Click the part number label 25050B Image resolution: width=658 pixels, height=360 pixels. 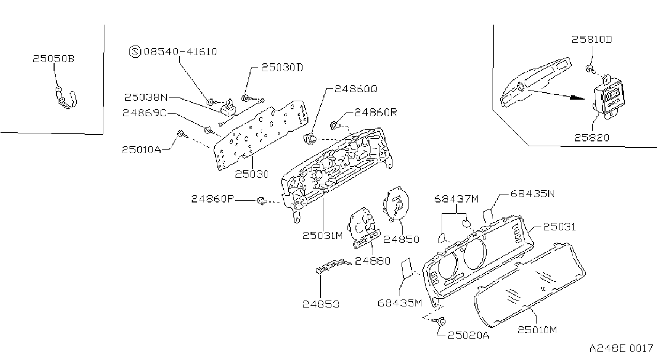pyautogui.click(x=53, y=59)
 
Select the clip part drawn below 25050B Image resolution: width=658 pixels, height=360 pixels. pyautogui.click(x=66, y=98)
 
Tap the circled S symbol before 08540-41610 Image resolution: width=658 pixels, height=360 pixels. pyautogui.click(x=135, y=52)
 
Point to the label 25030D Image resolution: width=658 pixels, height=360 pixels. pyautogui.click(x=282, y=67)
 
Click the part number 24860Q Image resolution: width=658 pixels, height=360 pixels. pyautogui.click(x=356, y=89)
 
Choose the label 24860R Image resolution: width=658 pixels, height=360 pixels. pyautogui.click(x=376, y=112)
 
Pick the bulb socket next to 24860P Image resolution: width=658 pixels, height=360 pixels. pyautogui.click(x=261, y=201)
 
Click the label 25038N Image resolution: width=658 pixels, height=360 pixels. pyautogui.click(x=146, y=97)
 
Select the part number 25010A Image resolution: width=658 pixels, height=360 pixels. pyautogui.click(x=141, y=150)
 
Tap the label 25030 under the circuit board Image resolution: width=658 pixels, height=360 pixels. pyautogui.click(x=252, y=174)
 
